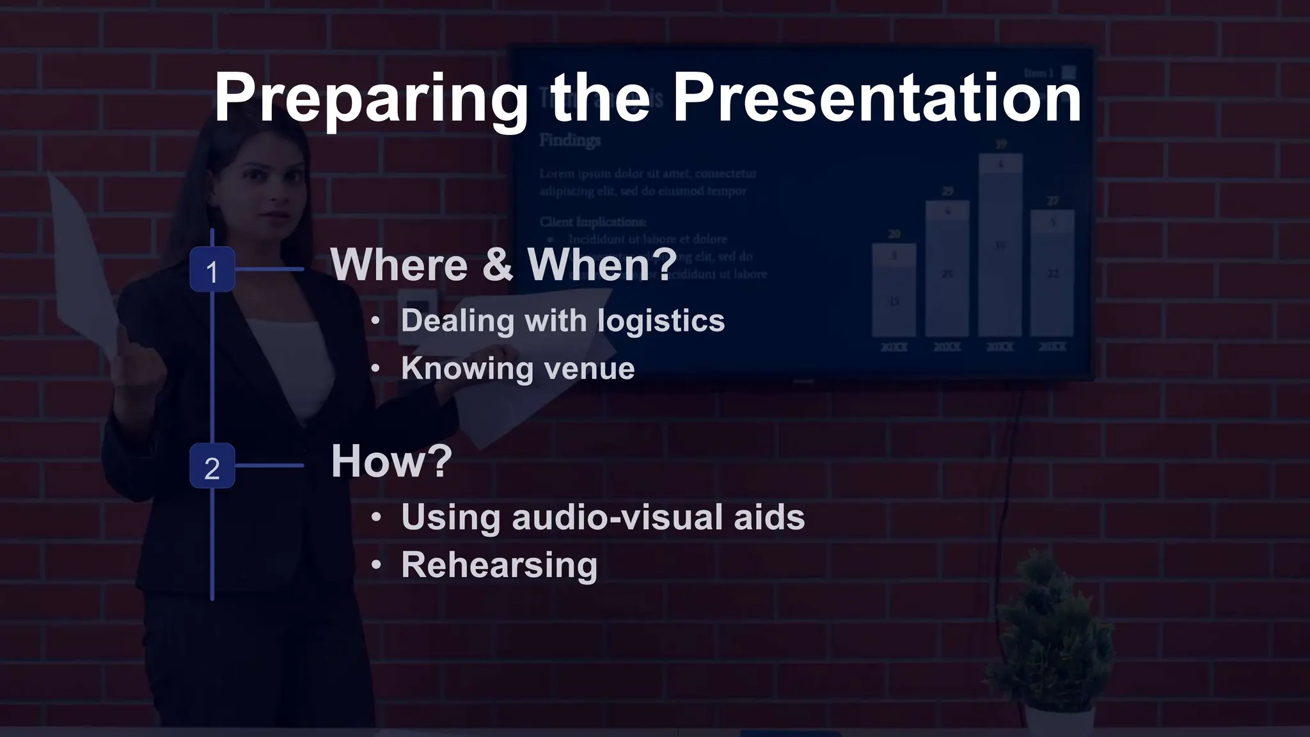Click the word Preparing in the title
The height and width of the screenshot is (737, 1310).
tap(371, 99)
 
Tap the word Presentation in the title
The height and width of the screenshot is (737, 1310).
tap(876, 99)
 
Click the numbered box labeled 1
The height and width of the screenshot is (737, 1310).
tap(212, 270)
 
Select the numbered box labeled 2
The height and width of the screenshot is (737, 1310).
tap(212, 466)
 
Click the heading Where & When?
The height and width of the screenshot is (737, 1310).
tap(503, 264)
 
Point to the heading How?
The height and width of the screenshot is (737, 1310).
tap(391, 461)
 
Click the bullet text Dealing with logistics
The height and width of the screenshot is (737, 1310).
tap(562, 321)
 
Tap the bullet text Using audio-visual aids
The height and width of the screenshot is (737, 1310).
tap(603, 517)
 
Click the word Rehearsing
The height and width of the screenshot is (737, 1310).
tap(499, 565)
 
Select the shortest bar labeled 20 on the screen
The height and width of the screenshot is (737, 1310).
tap(894, 291)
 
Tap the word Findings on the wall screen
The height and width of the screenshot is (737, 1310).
tap(569, 140)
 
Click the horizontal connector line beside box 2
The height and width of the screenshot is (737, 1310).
tap(269, 466)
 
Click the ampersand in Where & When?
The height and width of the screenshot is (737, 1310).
tap(498, 264)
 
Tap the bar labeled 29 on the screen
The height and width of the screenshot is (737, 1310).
tap(947, 269)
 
